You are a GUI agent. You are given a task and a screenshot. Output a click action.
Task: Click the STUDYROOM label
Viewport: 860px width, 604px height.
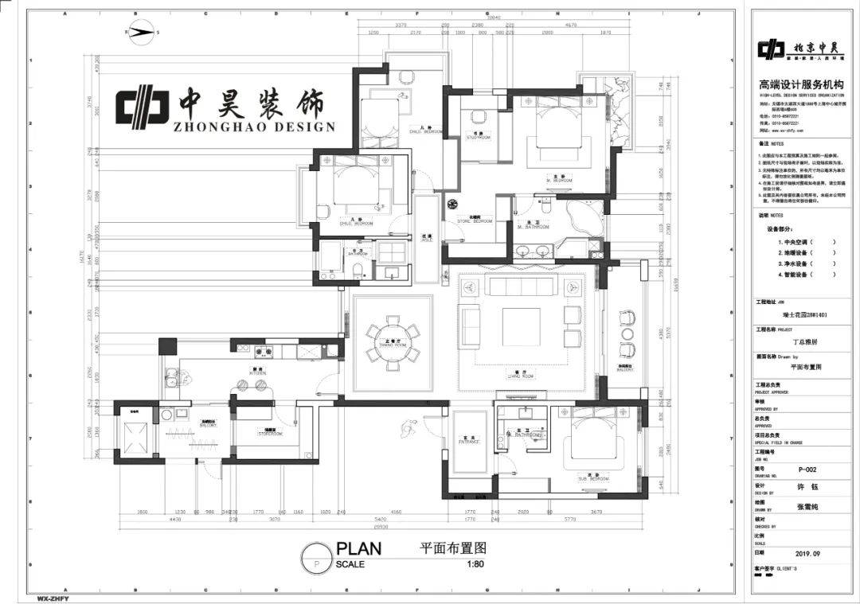pyautogui.click(x=478, y=136)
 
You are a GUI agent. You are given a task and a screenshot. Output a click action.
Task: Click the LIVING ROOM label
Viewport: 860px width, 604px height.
pyautogui.click(x=522, y=376)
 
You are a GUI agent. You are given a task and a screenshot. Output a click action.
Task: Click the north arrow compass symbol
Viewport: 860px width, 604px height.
pyautogui.click(x=142, y=32)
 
